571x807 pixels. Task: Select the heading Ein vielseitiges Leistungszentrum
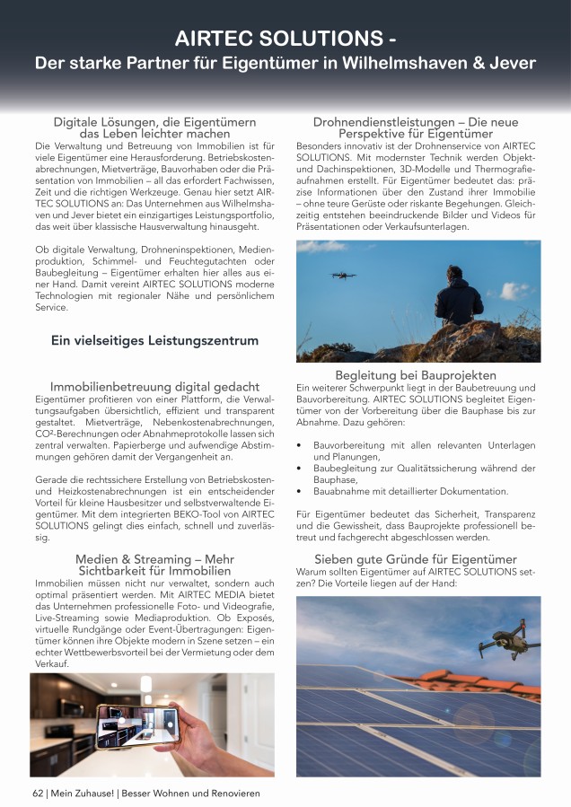click(154, 341)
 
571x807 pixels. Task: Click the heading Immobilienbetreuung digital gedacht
click(154, 387)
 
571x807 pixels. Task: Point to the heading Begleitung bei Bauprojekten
click(416, 374)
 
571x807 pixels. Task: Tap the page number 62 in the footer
click(38, 794)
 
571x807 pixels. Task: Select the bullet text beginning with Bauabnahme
click(410, 492)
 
